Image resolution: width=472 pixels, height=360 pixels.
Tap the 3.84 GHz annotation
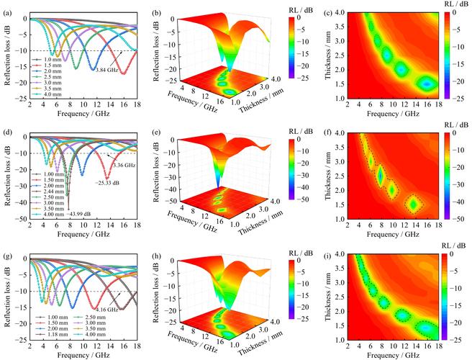pyautogui.click(x=106, y=69)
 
